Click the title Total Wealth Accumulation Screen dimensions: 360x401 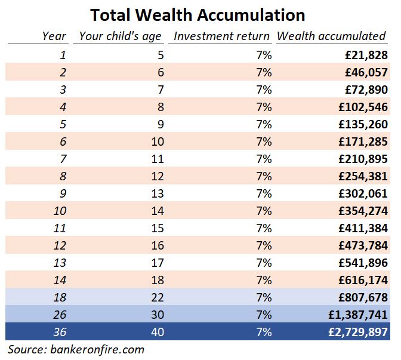(x=198, y=14)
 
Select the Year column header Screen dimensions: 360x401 (x=54, y=36)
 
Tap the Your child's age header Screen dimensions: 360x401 (x=120, y=36)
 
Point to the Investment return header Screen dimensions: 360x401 (x=222, y=36)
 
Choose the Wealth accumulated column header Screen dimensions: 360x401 (x=331, y=36)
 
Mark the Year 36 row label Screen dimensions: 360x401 (x=60, y=332)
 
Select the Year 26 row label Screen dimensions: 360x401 (x=60, y=315)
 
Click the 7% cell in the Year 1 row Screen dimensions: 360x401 (x=263, y=55)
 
